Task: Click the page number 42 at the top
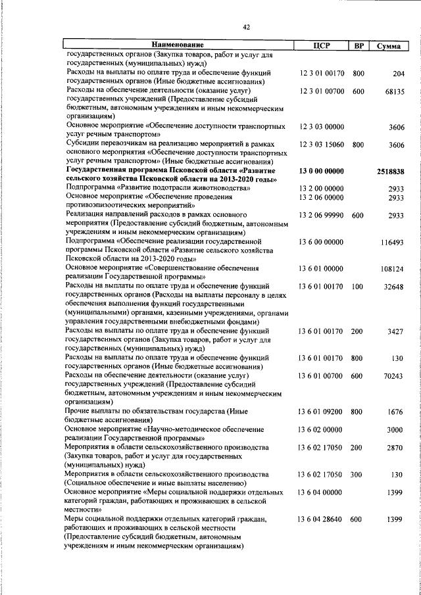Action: (x=246, y=27)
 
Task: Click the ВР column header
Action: (x=359, y=45)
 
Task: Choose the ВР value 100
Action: (x=358, y=286)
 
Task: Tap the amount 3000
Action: (x=397, y=429)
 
